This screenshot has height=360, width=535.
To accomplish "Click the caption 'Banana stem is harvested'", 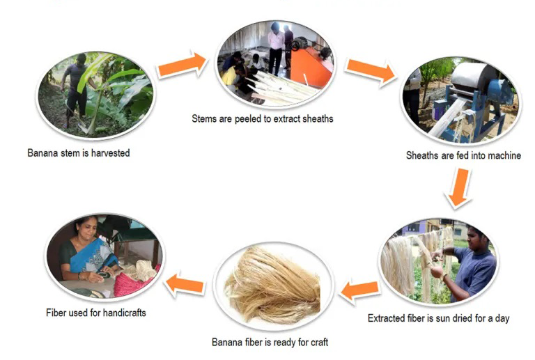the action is coord(79,153).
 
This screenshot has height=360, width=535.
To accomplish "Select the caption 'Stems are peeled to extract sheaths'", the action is coord(263,118).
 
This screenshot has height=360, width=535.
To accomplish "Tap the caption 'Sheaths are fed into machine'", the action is coord(463,155).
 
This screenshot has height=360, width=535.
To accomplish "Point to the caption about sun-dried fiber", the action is coord(438,318).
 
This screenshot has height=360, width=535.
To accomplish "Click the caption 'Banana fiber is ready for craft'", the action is coord(270,342).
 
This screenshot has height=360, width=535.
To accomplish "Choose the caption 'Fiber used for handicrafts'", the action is coord(96,313).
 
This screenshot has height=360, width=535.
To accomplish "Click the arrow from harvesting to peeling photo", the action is coord(183,65).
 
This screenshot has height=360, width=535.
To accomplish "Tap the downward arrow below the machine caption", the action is coord(459,188).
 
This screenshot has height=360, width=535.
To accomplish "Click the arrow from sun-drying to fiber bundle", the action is coord(359,290).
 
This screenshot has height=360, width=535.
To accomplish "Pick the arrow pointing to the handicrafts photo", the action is coord(185,283).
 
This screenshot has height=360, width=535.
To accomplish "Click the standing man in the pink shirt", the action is coord(275,47).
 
